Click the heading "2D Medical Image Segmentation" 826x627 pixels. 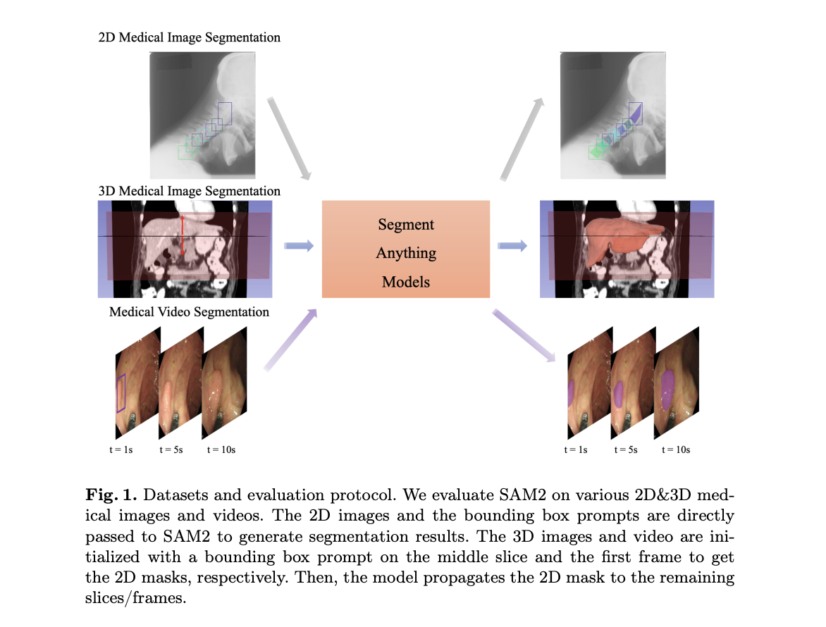189,37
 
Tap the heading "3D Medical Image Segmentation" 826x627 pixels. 189,191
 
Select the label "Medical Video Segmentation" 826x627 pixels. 189,311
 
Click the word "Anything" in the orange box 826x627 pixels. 406,253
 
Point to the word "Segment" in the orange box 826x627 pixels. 406,225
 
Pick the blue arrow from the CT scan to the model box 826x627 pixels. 298,246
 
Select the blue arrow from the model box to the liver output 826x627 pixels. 512,246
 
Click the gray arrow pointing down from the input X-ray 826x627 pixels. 290,138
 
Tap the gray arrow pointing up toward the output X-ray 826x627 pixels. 522,138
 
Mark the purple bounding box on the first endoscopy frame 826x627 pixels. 121,393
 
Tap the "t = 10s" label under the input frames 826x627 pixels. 221,449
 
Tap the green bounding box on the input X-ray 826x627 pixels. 185,151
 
